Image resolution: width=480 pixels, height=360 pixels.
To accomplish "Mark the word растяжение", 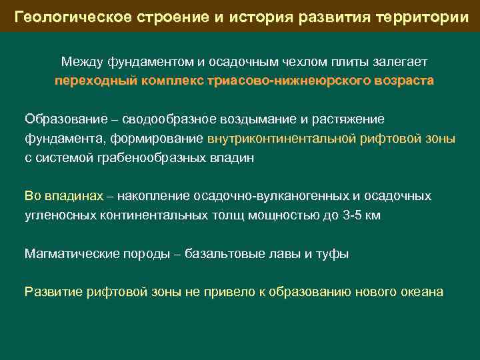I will click(x=347, y=119).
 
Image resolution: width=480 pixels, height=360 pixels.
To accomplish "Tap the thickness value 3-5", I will click(x=349, y=215).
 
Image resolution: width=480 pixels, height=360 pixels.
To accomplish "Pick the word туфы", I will click(x=333, y=253).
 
